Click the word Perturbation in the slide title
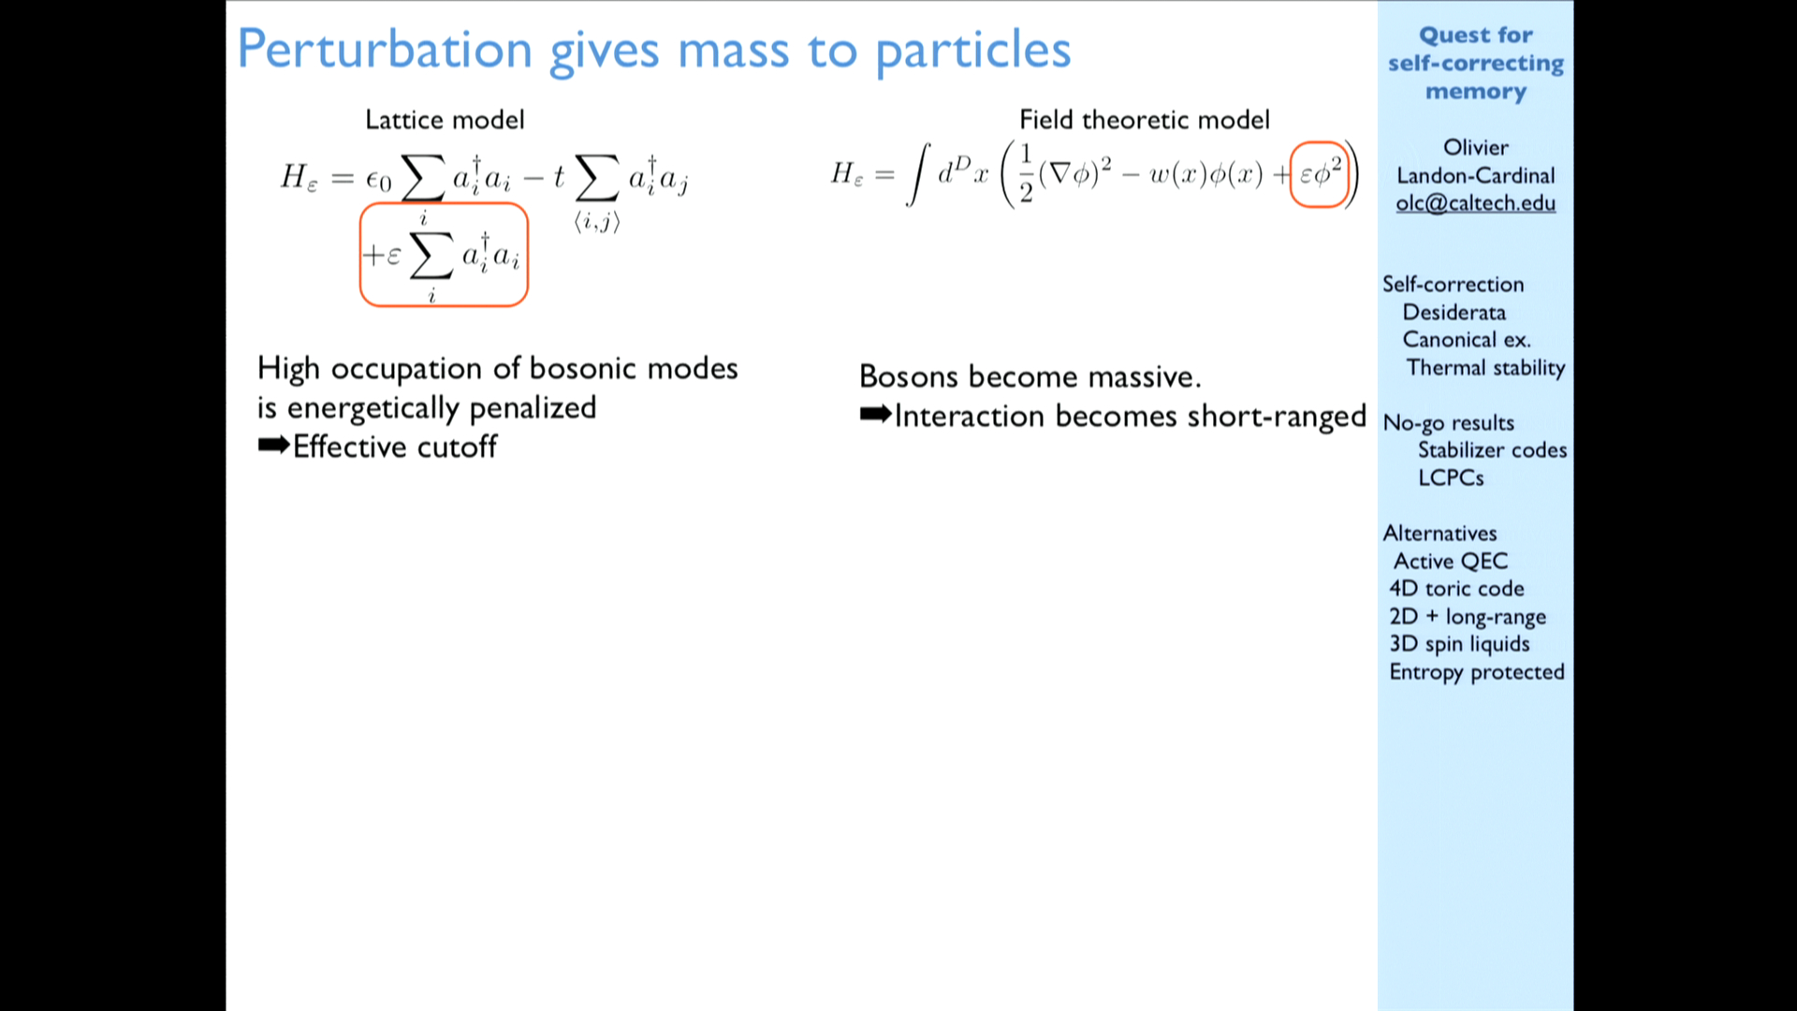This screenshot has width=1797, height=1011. (x=385, y=50)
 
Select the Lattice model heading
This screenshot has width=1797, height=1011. (x=445, y=120)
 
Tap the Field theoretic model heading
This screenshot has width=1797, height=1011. (x=1144, y=120)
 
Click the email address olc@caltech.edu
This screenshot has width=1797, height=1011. (x=1475, y=203)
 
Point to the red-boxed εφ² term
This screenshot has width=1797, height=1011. (x=1319, y=174)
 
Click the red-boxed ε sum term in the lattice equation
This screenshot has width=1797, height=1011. (x=444, y=255)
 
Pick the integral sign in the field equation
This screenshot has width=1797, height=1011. (x=918, y=174)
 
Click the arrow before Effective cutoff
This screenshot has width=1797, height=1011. (x=273, y=447)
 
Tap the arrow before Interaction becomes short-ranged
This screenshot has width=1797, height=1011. (x=875, y=415)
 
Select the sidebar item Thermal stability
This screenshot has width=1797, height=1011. (x=1485, y=368)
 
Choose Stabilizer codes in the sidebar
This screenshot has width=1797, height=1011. (x=1492, y=450)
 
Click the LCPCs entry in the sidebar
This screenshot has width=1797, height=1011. (x=1451, y=477)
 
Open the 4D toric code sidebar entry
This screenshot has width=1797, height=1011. (x=1456, y=589)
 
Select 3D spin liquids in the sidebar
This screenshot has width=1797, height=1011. (x=1459, y=644)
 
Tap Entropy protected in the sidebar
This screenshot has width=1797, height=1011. (x=1477, y=672)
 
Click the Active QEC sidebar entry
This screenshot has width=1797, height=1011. (x=1451, y=561)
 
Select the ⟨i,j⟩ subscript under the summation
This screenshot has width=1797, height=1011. (x=597, y=222)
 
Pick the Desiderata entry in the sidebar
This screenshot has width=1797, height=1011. (x=1454, y=313)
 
